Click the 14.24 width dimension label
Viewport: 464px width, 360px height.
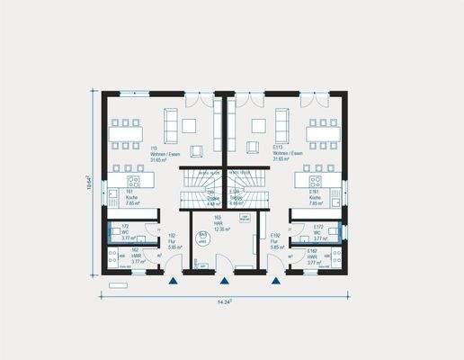click(225, 302)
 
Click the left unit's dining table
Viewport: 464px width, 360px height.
click(126, 133)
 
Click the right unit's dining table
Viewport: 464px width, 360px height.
click(322, 133)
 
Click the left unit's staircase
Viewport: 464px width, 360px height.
click(200, 189)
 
